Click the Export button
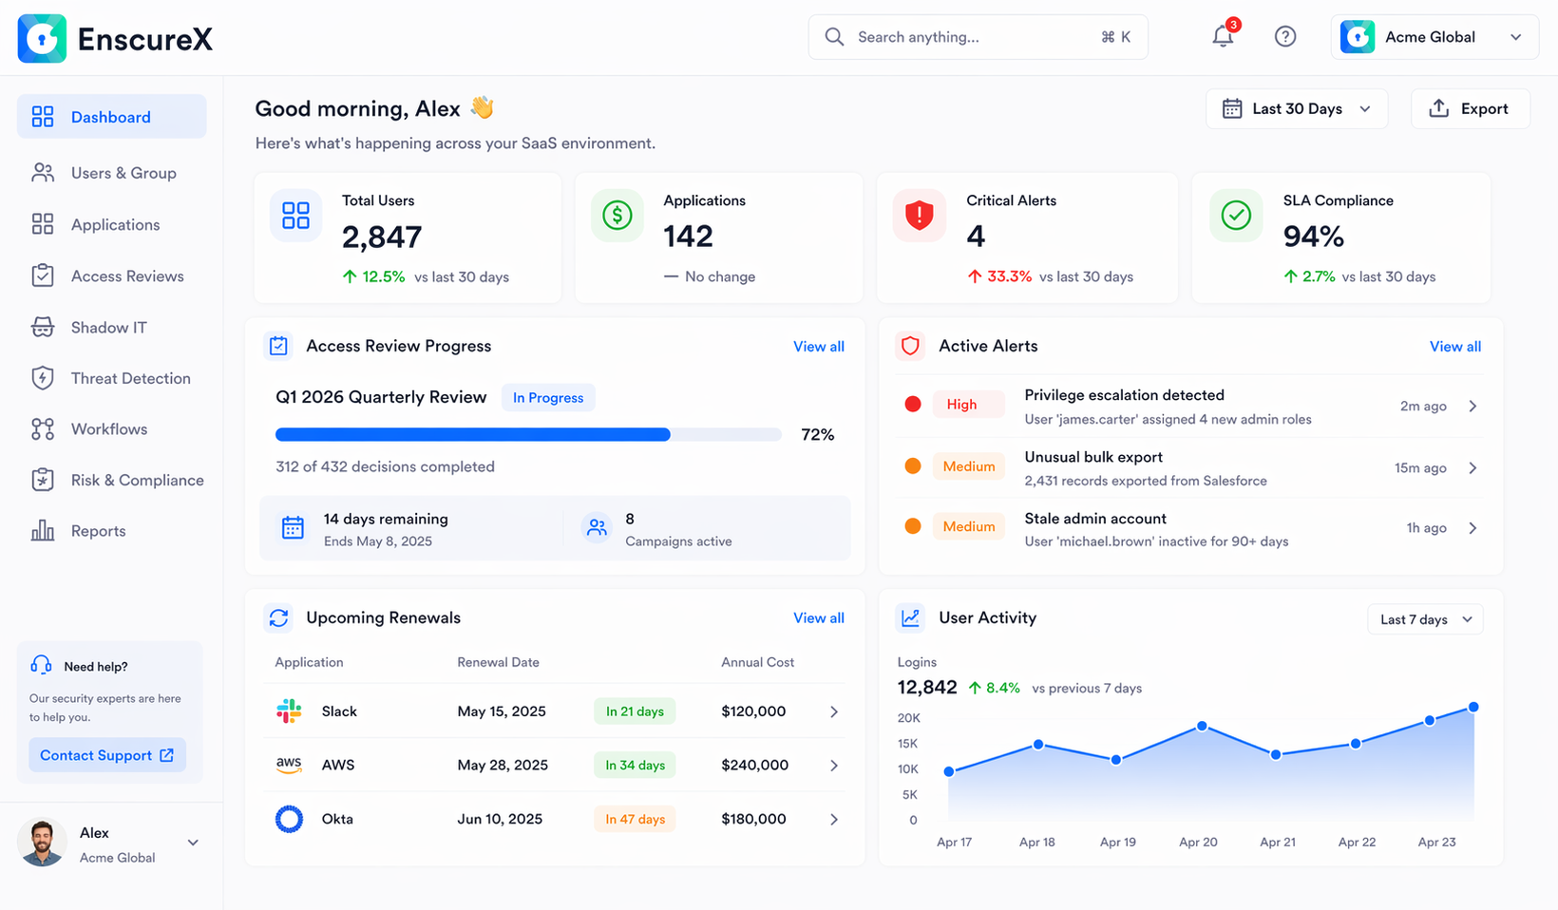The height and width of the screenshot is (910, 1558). [1470, 109]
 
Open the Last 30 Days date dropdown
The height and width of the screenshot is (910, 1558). [1297, 109]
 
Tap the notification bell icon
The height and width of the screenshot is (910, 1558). [1223, 37]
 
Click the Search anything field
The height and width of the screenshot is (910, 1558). [978, 37]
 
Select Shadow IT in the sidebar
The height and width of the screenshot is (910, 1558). [108, 328]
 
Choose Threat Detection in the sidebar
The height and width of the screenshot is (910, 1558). [130, 378]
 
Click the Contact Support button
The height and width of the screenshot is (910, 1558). [106, 755]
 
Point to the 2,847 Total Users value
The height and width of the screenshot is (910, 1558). [382, 237]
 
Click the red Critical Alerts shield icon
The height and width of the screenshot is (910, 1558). [919, 216]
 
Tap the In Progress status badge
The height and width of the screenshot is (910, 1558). [548, 398]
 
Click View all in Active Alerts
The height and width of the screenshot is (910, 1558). [1454, 347]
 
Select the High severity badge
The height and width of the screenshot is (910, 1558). [961, 405]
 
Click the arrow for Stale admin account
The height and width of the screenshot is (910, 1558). [1472, 528]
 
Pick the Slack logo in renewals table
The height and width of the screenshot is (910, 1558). [289, 711]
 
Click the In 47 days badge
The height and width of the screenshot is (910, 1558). [635, 819]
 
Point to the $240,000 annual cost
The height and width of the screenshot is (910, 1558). [754, 766]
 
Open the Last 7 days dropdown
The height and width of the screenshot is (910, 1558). [1425, 619]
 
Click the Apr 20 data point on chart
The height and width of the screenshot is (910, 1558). [1202, 726]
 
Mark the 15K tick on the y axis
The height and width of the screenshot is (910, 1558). [908, 744]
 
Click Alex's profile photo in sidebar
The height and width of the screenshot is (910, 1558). [42, 843]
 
